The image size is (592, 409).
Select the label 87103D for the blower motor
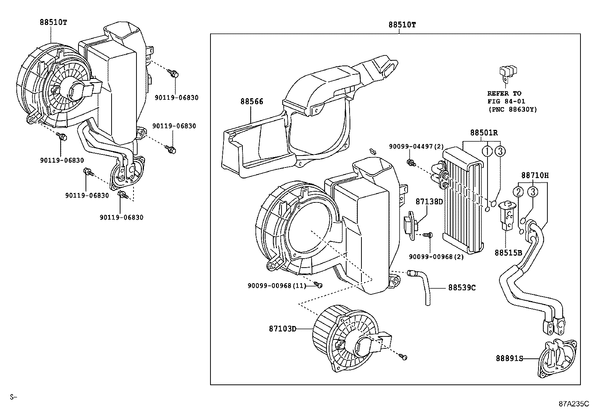tap(283, 329)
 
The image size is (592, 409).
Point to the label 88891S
tap(509, 358)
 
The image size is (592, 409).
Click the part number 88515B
tap(508, 253)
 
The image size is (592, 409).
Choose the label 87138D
tap(429, 202)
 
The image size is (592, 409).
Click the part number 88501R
tap(484, 133)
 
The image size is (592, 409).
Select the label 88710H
tap(535, 175)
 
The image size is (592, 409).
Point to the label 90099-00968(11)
tap(277, 286)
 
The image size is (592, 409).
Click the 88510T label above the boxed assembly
tap(402, 25)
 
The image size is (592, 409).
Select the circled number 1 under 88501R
tap(488, 151)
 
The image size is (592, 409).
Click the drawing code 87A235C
tap(573, 403)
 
